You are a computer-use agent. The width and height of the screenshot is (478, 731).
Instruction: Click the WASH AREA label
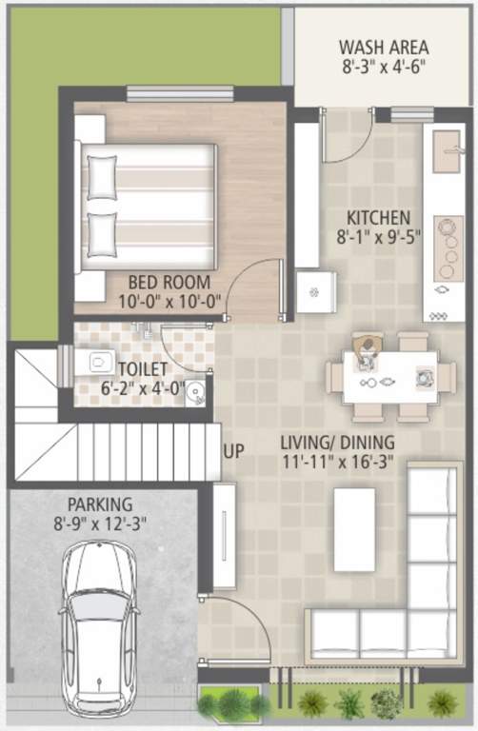[x=384, y=47]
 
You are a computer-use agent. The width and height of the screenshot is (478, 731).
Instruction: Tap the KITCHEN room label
[x=378, y=218]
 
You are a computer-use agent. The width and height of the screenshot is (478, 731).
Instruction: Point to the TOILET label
[x=144, y=367]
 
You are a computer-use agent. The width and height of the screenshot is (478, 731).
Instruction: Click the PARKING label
[x=100, y=504]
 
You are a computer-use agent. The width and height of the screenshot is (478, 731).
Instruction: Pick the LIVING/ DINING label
[x=338, y=443]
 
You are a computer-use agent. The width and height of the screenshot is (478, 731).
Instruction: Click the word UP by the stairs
[x=233, y=451]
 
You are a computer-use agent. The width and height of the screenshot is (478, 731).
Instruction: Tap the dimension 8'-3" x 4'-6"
[x=384, y=68]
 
